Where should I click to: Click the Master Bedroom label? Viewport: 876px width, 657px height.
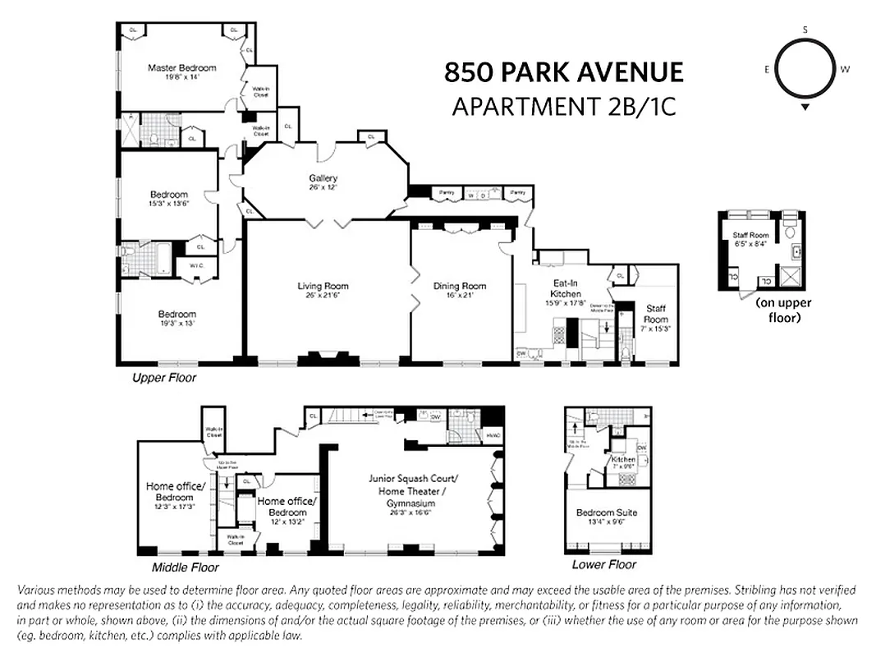(181, 67)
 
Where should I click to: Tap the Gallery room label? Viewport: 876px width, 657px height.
(323, 178)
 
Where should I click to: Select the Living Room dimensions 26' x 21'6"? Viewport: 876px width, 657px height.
(323, 296)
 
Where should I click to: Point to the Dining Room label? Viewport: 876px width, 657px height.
(460, 286)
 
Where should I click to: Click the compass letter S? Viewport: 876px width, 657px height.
(805, 30)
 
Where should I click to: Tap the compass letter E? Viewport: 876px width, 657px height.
(767, 70)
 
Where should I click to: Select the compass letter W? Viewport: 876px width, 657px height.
(845, 70)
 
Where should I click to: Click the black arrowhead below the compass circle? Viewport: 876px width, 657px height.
(805, 108)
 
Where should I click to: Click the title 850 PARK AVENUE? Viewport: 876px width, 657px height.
(563, 72)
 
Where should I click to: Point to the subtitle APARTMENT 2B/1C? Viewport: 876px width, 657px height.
(563, 107)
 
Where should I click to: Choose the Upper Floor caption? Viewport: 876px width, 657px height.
(164, 379)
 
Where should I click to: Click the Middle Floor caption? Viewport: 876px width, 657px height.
(186, 567)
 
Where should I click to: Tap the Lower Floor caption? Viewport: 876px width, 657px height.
(603, 565)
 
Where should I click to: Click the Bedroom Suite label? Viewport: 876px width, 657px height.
(607, 512)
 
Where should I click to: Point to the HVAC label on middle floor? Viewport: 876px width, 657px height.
(493, 435)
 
